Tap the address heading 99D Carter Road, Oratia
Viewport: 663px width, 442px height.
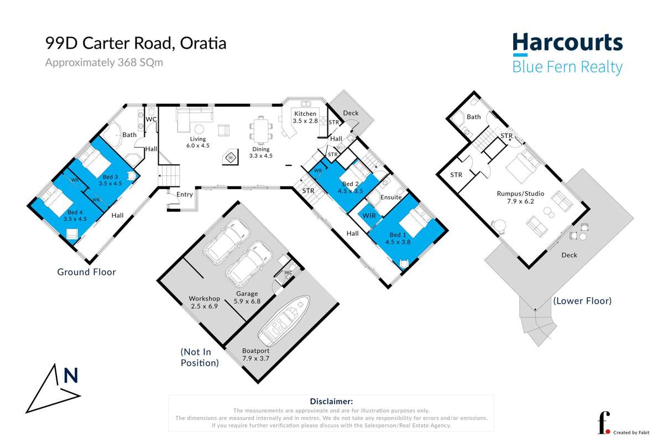tap(135, 44)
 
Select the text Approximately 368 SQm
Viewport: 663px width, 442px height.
tap(104, 63)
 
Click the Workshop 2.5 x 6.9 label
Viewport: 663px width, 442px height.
tap(204, 302)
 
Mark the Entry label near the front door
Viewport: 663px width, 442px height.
tap(185, 194)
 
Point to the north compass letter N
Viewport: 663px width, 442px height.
tap(71, 376)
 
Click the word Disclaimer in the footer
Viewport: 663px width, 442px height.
tap(331, 402)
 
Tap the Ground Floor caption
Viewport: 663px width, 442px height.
tap(86, 272)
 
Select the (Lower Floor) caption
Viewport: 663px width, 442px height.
tap(582, 301)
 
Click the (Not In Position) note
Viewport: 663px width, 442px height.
tap(200, 357)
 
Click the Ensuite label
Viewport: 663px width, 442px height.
tap(391, 197)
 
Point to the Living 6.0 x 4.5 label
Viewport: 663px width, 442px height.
tap(197, 143)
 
